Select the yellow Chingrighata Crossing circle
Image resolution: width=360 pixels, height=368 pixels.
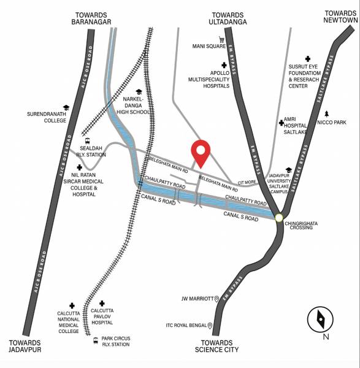coord(279,217)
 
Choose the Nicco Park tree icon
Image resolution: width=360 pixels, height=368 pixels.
coord(327,113)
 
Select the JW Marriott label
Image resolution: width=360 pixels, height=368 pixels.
coord(197,299)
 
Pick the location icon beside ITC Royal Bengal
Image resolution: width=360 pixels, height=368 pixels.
coord(210,326)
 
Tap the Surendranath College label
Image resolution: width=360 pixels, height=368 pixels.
coord(46,117)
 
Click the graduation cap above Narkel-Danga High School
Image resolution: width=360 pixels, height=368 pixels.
coord(139,91)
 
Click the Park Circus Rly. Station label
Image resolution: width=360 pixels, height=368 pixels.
coord(116,341)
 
